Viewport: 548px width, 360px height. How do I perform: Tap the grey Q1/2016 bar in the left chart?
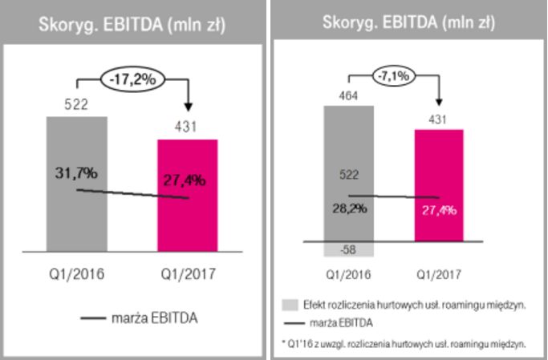(x=76, y=184)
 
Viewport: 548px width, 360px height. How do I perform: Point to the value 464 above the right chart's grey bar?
(x=348, y=97)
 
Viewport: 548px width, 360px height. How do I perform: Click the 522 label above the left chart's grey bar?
(x=75, y=103)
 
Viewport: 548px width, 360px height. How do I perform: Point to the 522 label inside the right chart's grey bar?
(x=348, y=175)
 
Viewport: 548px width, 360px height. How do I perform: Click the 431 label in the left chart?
(x=186, y=125)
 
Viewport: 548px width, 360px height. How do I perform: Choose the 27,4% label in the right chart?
(x=439, y=210)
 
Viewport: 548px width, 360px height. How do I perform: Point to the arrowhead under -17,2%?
(x=187, y=108)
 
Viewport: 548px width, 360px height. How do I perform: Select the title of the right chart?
(x=408, y=22)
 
